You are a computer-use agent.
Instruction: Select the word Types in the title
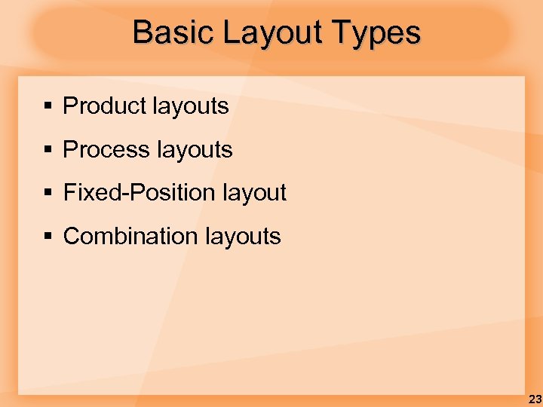tap(382, 32)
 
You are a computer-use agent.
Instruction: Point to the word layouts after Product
tap(190, 106)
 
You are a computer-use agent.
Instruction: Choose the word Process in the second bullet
tap(106, 150)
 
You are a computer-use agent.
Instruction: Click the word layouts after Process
tap(194, 150)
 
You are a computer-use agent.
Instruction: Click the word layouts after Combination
tap(242, 237)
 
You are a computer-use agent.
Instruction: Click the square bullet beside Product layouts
tap(48, 107)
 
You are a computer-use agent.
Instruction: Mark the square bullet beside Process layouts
tap(48, 151)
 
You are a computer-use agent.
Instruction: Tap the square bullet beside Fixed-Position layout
tap(48, 194)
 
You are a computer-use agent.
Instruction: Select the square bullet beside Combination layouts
tap(48, 237)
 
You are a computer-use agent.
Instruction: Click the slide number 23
tap(534, 399)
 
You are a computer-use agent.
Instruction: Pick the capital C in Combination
tap(71, 237)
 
